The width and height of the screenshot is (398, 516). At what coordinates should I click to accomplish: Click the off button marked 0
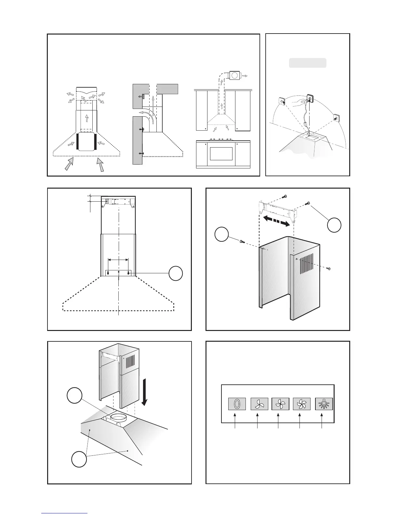(236, 404)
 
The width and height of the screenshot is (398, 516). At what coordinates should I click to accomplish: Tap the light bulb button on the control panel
(324, 404)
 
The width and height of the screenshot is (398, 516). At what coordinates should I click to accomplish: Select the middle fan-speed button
(280, 404)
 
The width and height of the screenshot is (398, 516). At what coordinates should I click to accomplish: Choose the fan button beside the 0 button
(259, 404)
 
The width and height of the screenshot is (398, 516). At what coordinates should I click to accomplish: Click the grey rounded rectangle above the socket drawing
(308, 63)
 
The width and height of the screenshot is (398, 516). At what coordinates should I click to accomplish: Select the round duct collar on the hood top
(119, 419)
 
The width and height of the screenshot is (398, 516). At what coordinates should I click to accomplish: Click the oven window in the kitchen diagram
(221, 154)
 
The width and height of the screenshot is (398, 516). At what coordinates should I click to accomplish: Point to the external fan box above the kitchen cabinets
(235, 76)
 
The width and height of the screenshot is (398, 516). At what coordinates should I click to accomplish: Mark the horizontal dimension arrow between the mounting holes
(118, 260)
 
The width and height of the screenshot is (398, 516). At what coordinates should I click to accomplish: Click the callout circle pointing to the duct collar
(74, 396)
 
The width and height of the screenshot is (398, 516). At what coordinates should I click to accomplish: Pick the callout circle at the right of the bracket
(334, 225)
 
